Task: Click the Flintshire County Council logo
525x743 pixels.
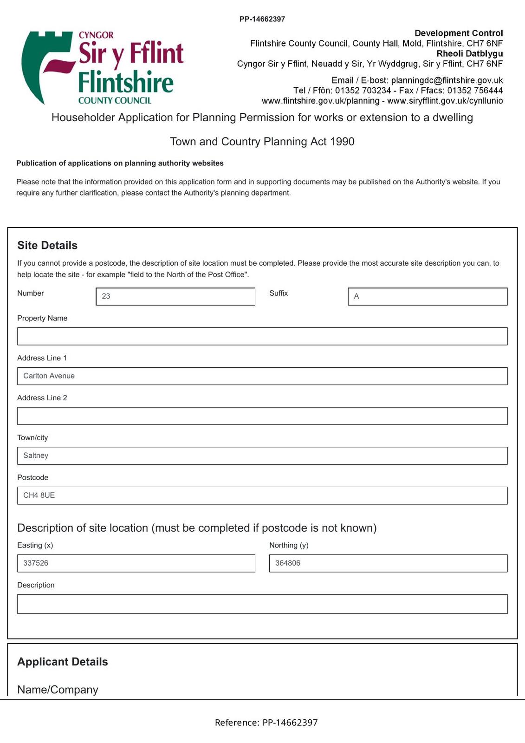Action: pos(103,68)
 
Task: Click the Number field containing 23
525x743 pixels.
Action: pos(175,296)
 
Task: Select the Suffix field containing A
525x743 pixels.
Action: pos(427,296)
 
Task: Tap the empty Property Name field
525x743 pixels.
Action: pos(262,336)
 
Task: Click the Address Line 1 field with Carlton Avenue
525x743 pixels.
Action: pos(262,376)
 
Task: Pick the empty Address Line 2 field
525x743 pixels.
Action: pos(262,416)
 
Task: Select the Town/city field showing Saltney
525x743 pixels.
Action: pos(262,456)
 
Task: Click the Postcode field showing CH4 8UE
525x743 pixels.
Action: pos(262,495)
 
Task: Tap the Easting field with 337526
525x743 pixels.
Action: pos(136,563)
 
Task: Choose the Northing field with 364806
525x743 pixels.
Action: pos(388,563)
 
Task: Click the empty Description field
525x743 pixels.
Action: pos(262,604)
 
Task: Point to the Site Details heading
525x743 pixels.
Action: pos(47,245)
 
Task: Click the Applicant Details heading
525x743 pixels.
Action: pos(63,662)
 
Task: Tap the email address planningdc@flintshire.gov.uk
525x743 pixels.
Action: pos(447,80)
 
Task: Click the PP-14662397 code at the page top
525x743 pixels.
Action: pos(262,19)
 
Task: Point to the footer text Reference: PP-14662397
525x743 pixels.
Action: pos(266,723)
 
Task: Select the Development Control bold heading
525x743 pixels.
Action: pos(459,33)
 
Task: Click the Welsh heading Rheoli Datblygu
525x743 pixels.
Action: pos(469,53)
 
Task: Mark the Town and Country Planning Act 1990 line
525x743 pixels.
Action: pos(262,142)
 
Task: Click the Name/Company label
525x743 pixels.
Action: pos(58,690)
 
